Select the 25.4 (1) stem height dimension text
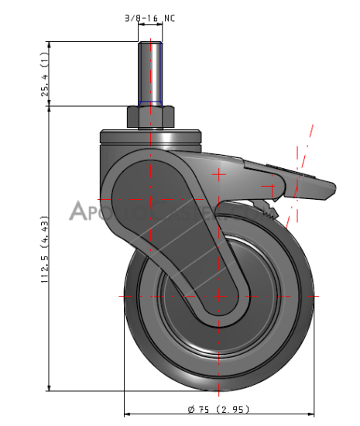pyautogui.click(x=45, y=76)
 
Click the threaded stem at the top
pyautogui.click(x=149, y=74)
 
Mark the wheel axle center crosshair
pyautogui.click(x=218, y=296)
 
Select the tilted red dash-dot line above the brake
pyautogui.click(x=307, y=147)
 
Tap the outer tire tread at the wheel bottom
pyautogui.click(x=218, y=383)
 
